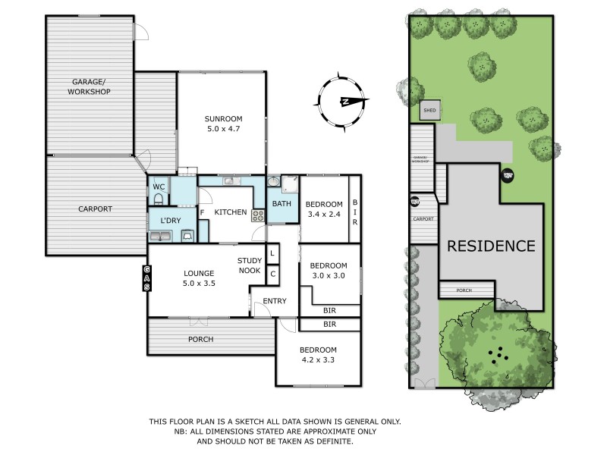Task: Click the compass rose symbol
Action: click(x=343, y=102)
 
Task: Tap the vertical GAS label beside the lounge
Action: click(x=147, y=278)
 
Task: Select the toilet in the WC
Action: click(x=158, y=198)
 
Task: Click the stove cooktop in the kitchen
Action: click(x=258, y=215)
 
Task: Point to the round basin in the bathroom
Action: click(x=272, y=182)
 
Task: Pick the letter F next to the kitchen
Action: click(x=203, y=213)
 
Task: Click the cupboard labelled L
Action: click(x=272, y=255)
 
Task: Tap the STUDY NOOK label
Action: click(x=249, y=265)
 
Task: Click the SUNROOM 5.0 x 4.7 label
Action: click(x=223, y=124)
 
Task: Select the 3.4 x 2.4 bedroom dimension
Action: click(x=324, y=214)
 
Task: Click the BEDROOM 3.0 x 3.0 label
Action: click(x=327, y=270)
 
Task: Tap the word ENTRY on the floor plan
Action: click(x=275, y=302)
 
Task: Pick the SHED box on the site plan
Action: click(x=430, y=111)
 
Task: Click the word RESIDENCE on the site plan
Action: click(x=490, y=246)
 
